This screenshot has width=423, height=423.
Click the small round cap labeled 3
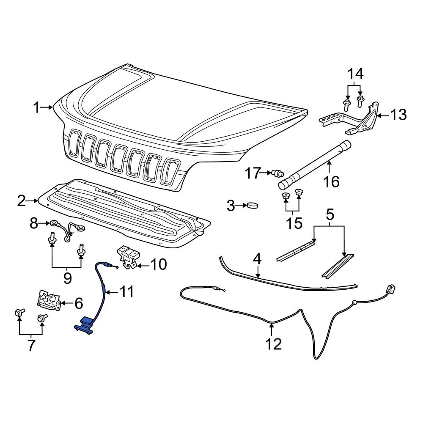pyautogui.click(x=253, y=206)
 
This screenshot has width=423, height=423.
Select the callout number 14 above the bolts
pyautogui.click(x=356, y=74)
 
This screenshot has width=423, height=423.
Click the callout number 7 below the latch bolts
pyautogui.click(x=31, y=345)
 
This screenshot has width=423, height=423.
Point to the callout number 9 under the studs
pyautogui.click(x=67, y=277)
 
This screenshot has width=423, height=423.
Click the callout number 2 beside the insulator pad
pyautogui.click(x=22, y=201)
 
